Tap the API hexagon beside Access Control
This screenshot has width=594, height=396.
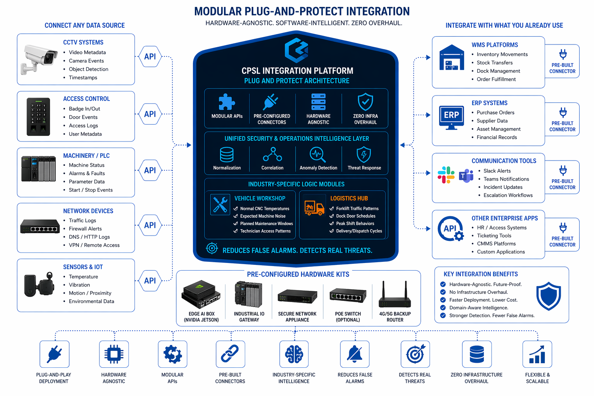(150, 114)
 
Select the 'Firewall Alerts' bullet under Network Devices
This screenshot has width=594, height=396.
(85, 229)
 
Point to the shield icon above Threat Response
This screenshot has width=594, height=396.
(364, 154)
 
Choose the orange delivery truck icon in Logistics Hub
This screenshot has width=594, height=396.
(314, 208)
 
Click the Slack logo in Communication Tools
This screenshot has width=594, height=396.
(446, 175)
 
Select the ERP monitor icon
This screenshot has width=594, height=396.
(451, 117)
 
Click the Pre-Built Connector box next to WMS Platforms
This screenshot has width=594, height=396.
(562, 61)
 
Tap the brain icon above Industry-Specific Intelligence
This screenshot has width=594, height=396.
(294, 354)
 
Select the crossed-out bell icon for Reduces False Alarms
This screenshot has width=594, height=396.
(355, 354)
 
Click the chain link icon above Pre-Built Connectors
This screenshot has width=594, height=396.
(230, 354)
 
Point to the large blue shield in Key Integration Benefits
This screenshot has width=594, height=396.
(549, 296)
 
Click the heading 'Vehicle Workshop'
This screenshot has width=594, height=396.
(260, 198)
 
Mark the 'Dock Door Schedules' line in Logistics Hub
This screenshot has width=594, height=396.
(355, 216)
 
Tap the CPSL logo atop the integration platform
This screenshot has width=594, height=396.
(297, 50)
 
